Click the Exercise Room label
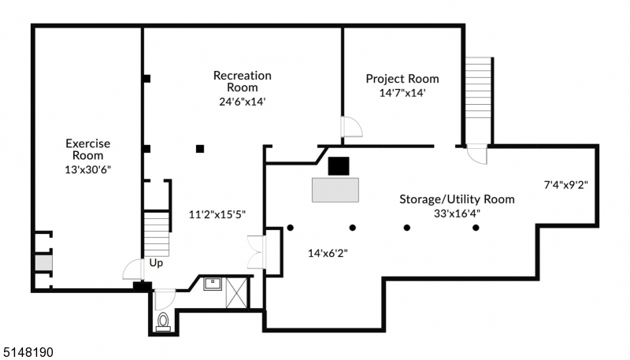pyautogui.click(x=87, y=150)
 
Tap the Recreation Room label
pyautogui.click(x=242, y=81)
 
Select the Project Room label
pyautogui.click(x=402, y=79)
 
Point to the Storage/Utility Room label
pyautogui.click(x=457, y=199)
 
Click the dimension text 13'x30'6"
pyautogui.click(x=87, y=169)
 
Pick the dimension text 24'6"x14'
pyautogui.click(x=242, y=101)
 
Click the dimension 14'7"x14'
pyautogui.click(x=402, y=92)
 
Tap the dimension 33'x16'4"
pyautogui.click(x=457, y=213)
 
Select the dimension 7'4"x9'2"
pyautogui.click(x=566, y=185)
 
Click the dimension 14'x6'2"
pyautogui.click(x=328, y=253)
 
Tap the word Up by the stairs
pyautogui.click(x=156, y=263)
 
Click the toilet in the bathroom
pyautogui.click(x=164, y=321)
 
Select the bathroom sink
pyautogui.click(x=211, y=284)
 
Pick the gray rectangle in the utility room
pyautogui.click(x=335, y=190)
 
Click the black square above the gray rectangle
pyautogui.click(x=339, y=165)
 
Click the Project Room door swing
pyautogui.click(x=350, y=128)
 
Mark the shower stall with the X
pyautogui.click(x=235, y=291)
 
